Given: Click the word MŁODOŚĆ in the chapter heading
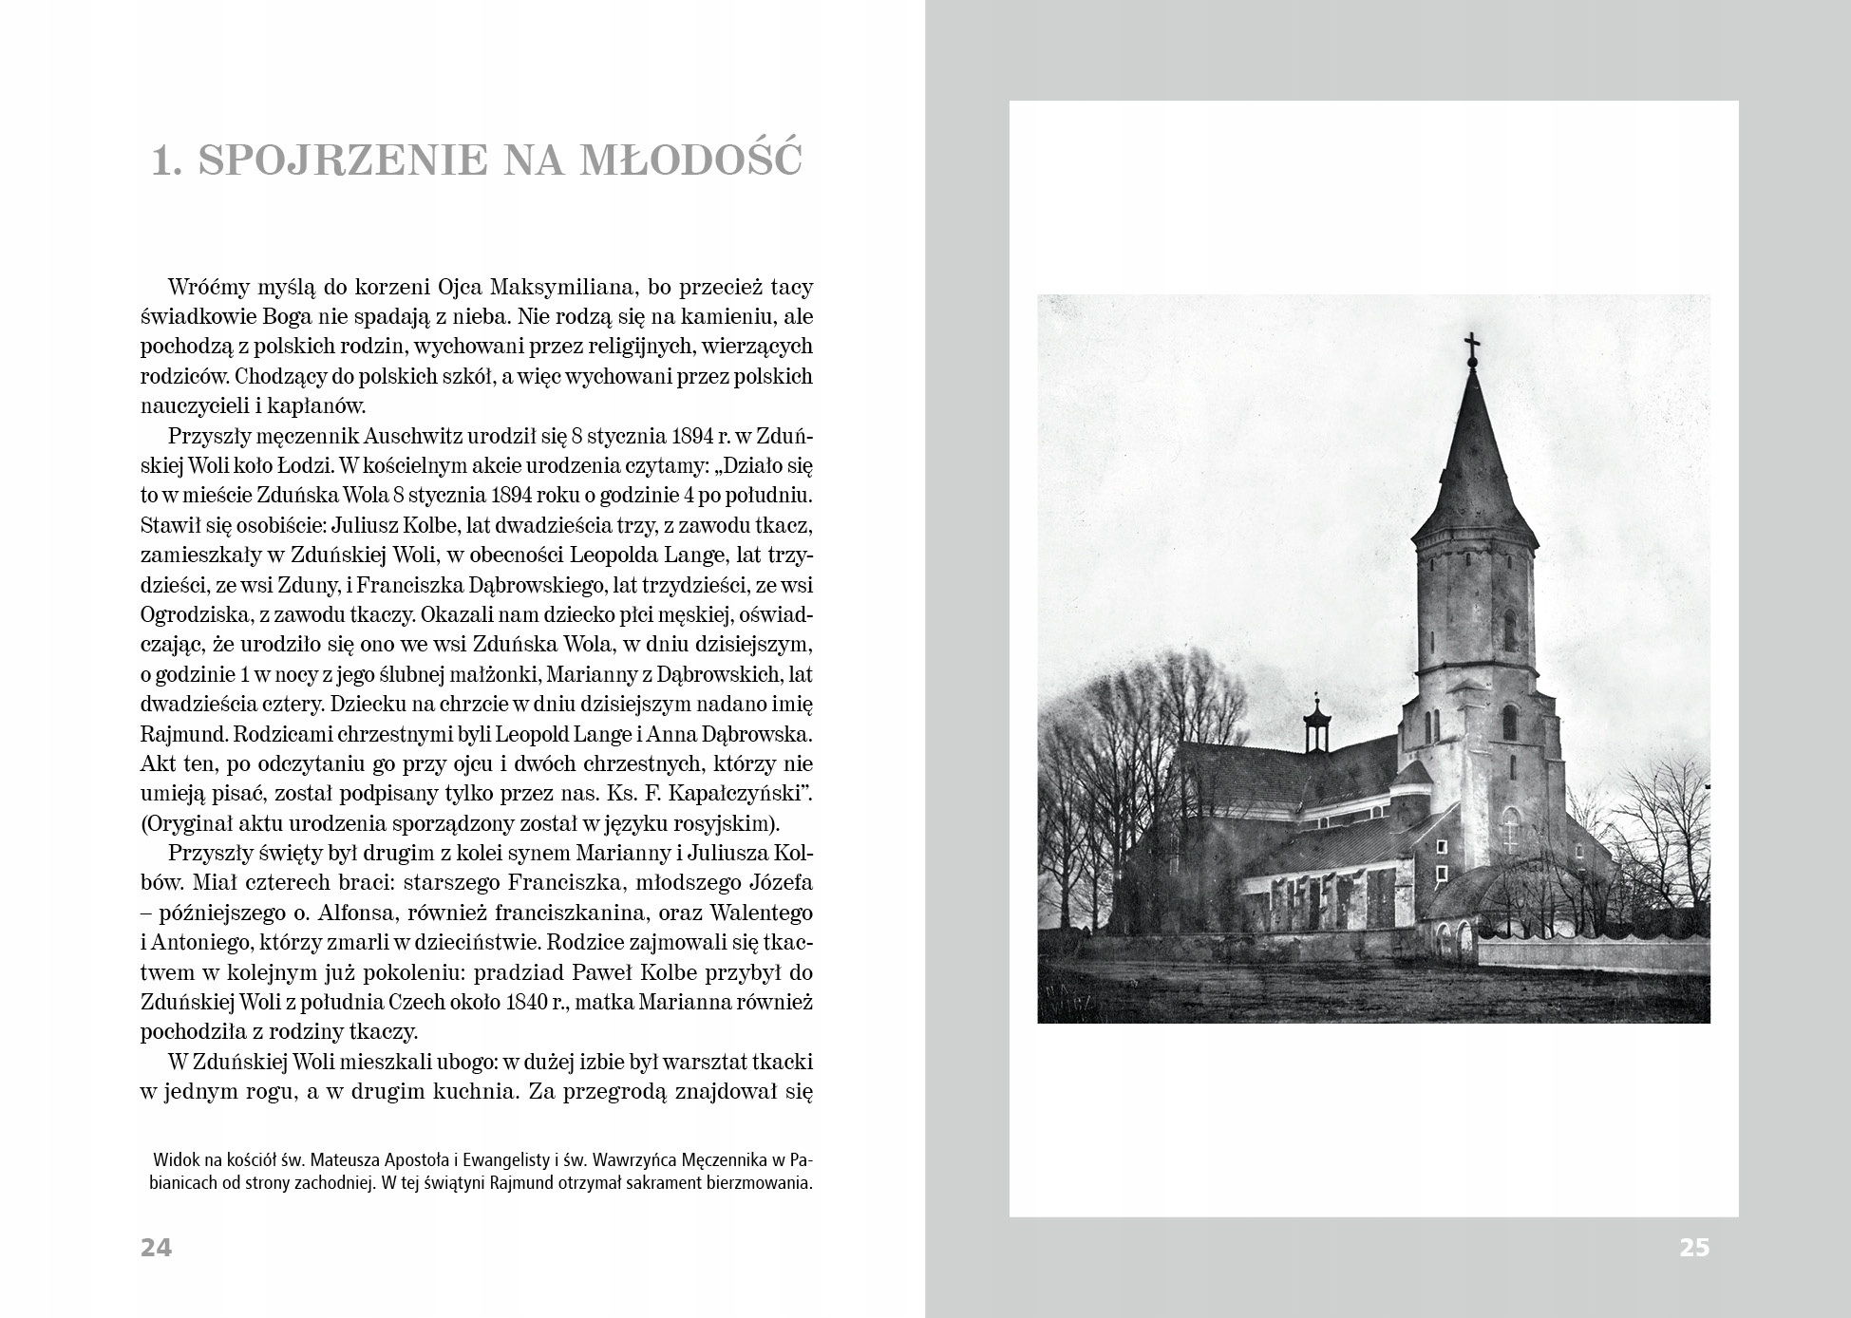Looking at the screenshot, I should pyautogui.click(x=691, y=161).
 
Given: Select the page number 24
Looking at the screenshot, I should pyautogui.click(x=157, y=1247).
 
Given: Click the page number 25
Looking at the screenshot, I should pyautogui.click(x=1694, y=1247).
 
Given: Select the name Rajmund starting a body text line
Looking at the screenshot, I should pyautogui.click(x=181, y=734).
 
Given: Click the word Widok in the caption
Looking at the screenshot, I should pyautogui.click(x=176, y=1161).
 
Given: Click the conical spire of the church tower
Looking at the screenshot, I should pyautogui.click(x=1473, y=456).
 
